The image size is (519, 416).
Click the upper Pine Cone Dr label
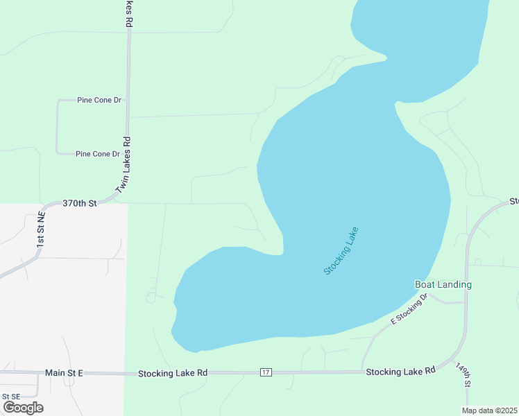(x=99, y=101)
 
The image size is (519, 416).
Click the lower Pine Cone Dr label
(x=98, y=154)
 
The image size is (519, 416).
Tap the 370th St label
(x=79, y=203)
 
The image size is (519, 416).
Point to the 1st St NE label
(x=41, y=231)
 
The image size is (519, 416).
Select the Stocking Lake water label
(x=341, y=250)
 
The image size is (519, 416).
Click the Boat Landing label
(x=443, y=285)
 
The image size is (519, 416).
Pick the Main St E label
(x=64, y=373)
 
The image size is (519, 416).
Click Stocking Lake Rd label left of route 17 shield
(x=172, y=373)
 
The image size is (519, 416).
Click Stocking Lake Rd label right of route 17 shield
(x=400, y=371)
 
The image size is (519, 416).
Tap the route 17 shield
(x=266, y=373)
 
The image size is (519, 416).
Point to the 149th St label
(x=463, y=374)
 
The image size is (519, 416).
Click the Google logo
(x=24, y=408)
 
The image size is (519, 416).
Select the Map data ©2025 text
(x=489, y=410)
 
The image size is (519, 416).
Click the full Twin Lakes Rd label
(x=124, y=164)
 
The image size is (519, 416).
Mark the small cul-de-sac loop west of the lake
(x=151, y=298)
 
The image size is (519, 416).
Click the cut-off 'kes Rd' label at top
(x=129, y=14)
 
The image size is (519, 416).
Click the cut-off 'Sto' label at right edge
(x=514, y=202)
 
